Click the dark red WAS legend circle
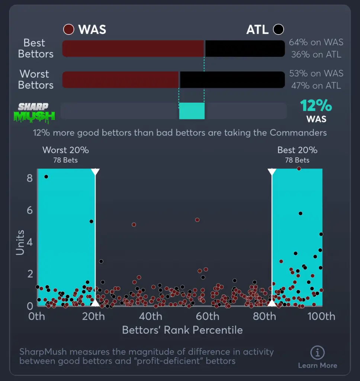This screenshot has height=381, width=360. coord(69,29)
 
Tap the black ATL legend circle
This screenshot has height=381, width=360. coord(278,29)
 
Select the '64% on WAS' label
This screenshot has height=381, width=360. coord(316,42)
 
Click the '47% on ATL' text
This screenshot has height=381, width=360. coord(316,85)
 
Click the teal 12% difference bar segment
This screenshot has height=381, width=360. coord(192,111)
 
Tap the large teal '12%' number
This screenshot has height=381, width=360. coord(316,106)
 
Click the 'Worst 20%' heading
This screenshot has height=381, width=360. coord(66,150)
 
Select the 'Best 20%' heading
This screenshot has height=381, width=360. coord(297,150)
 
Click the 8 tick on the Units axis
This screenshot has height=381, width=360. coord(30,179)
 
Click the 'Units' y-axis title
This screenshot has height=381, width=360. coord(20,243)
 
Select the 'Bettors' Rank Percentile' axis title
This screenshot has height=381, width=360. coord(182,330)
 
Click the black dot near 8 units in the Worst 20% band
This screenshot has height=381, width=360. coord(46,176)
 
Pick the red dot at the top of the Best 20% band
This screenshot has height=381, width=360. coord(299,169)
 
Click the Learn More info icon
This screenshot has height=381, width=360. coord(317,352)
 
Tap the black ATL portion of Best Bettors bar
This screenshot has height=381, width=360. coord(245,48)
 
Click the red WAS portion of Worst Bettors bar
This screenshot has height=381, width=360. coord(120,80)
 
